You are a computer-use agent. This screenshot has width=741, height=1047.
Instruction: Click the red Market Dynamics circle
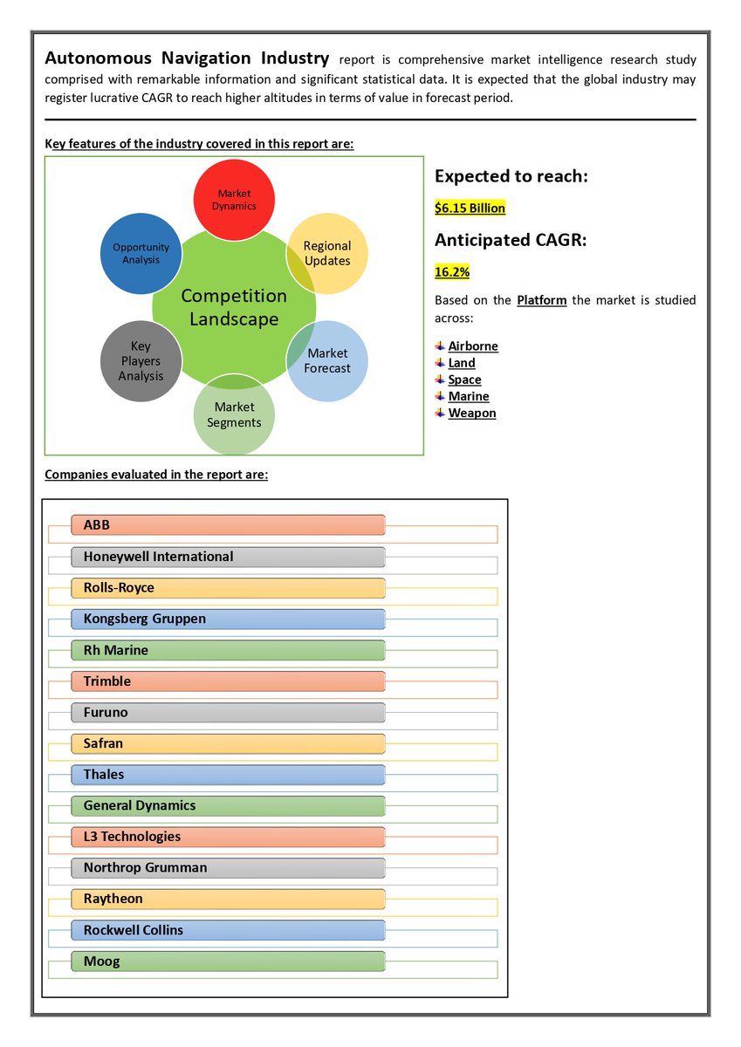coord(233,199)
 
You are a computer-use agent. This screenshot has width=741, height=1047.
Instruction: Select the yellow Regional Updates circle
coord(327,253)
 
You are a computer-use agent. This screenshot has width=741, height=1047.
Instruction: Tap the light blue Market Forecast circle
coord(327,360)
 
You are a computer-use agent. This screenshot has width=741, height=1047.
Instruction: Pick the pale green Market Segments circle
coord(234,414)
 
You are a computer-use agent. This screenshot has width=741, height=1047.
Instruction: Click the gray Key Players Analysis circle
coord(141,360)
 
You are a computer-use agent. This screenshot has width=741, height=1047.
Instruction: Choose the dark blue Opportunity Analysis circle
coord(141,253)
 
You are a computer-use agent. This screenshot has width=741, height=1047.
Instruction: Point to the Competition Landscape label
coord(234,307)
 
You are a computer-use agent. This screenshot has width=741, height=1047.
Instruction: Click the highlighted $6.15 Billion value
coord(470,209)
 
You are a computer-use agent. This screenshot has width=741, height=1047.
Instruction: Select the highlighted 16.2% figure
coord(452,272)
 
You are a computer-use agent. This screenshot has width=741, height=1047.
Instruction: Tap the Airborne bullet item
coord(473,346)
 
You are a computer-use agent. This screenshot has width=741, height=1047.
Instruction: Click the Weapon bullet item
coord(472,414)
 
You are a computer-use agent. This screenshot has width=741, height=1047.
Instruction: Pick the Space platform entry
coord(464,380)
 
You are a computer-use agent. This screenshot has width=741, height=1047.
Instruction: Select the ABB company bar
coord(228,525)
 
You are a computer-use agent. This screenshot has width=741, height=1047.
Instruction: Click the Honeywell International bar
coord(228,557)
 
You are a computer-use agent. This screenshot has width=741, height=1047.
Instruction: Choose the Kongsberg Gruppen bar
coord(228,619)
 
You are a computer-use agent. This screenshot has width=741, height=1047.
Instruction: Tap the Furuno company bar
coord(228,712)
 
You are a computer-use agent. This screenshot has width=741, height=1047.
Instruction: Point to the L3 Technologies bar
coord(228,837)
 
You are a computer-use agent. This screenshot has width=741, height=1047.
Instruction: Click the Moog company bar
coord(228,961)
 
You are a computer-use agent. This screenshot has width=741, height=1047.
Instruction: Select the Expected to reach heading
coord(511,176)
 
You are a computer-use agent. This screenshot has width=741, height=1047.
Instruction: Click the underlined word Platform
coord(541,300)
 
